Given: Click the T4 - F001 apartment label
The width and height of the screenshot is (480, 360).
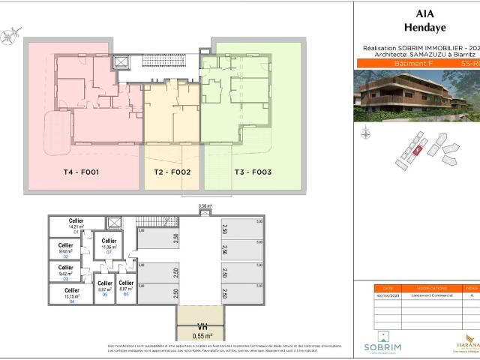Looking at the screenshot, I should point(82,172).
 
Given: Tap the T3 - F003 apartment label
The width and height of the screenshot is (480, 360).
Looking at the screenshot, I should point(253,172).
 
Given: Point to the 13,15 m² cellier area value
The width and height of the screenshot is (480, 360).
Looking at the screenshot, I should point(71,296).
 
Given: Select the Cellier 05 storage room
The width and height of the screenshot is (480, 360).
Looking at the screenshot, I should point(105,289).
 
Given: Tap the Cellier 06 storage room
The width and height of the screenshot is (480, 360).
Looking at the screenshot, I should point(126,289).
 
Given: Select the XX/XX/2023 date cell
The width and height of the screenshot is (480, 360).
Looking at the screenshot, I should point(387,297).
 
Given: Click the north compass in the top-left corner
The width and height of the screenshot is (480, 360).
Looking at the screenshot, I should point(10,33).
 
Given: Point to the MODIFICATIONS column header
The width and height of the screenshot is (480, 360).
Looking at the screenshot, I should point(433,287).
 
